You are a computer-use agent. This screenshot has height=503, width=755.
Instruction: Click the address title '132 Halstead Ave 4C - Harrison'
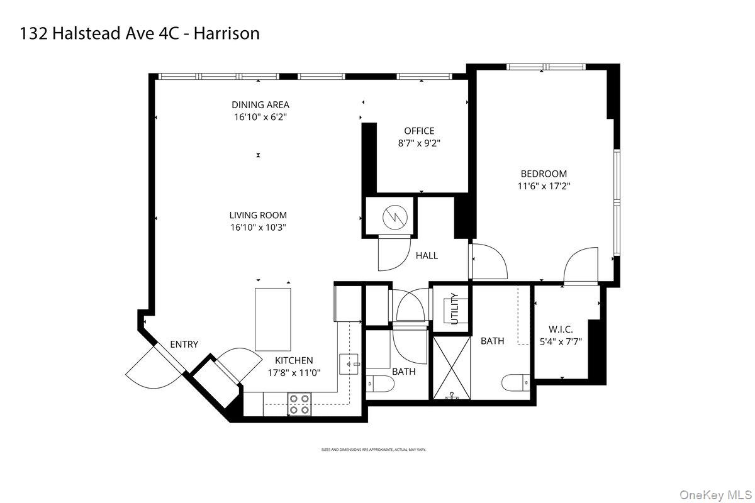(x=140, y=33)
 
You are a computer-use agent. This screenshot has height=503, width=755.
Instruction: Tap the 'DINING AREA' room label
(x=260, y=105)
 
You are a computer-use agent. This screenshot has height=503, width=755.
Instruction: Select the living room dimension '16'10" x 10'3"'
(x=258, y=228)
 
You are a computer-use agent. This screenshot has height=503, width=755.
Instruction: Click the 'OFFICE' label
(x=419, y=131)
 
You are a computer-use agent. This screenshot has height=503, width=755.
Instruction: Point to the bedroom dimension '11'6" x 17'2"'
(x=543, y=185)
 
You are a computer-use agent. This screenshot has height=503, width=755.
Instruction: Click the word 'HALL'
(x=427, y=255)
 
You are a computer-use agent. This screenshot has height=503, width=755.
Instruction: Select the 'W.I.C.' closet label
(x=561, y=329)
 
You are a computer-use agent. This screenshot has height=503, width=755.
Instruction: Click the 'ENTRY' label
(x=184, y=344)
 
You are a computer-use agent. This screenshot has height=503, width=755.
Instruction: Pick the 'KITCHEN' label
(x=294, y=360)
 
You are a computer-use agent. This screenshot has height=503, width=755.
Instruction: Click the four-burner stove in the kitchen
(x=299, y=404)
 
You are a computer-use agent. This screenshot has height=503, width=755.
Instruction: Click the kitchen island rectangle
(x=273, y=319)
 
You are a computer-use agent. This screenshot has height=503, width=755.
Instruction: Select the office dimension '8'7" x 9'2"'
(x=419, y=143)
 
